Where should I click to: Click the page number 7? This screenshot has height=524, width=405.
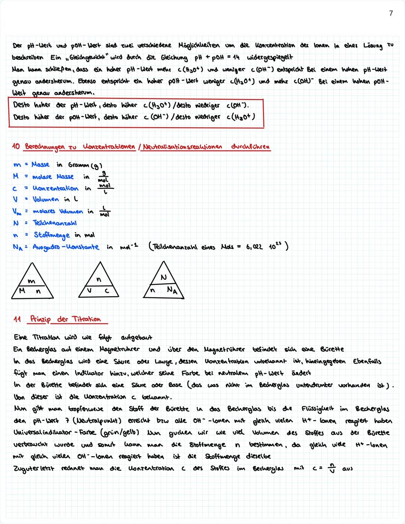tap(391, 14)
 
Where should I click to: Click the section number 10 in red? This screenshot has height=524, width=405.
tap(16, 146)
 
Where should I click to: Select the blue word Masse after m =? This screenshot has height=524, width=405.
tap(40, 165)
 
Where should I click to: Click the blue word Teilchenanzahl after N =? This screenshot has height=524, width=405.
tap(55, 223)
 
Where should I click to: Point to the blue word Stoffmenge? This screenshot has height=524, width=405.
tap(52, 235)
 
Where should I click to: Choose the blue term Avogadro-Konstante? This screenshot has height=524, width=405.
tap(66, 247)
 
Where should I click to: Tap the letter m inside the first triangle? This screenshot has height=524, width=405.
tap(31, 281)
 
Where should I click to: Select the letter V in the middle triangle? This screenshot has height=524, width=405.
tap(89, 291)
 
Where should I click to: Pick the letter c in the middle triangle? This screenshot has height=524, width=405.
tap(106, 291)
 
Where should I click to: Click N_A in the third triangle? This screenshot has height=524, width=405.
tap(172, 290)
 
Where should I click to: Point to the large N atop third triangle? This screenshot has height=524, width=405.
tap(163, 277)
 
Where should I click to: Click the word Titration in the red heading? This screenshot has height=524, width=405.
tap(86, 319)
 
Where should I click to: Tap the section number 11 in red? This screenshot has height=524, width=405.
tap(17, 319)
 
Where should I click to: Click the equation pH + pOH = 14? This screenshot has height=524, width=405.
tap(217, 58)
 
